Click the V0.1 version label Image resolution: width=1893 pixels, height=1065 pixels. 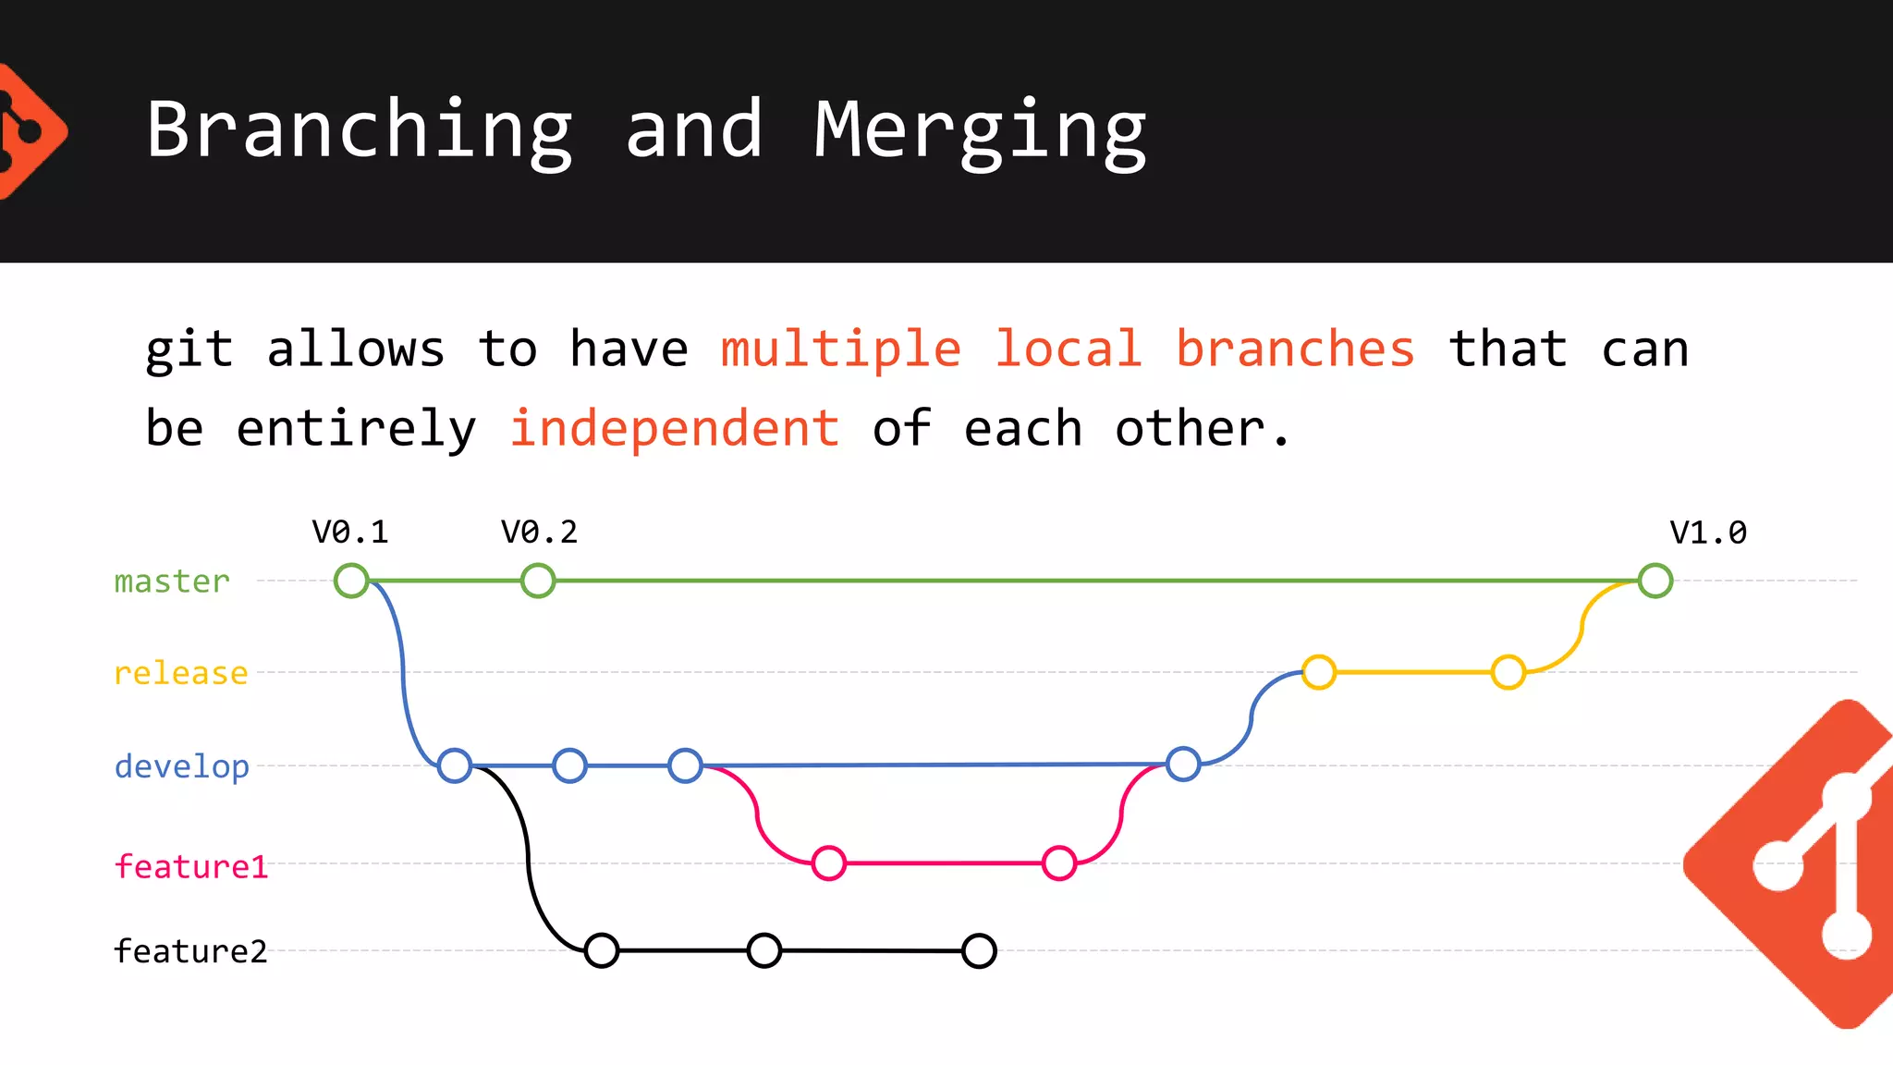pyautogui.click(x=349, y=532)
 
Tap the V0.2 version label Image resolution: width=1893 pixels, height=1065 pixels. pyautogui.click(x=539, y=532)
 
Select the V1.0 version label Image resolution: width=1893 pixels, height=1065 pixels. pyautogui.click(x=1707, y=532)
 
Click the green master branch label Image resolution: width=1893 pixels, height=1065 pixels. pyautogui.click(x=172, y=581)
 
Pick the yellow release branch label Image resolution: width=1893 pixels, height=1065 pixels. pyautogui.click(x=181, y=673)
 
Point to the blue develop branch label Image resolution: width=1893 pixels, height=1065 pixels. pyautogui.click(x=182, y=766)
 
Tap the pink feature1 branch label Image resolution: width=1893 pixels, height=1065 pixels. pyautogui.click(x=190, y=866)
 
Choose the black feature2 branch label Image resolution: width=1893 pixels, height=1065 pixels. pyautogui.click(x=190, y=951)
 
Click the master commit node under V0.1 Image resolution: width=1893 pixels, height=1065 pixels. pyautogui.click(x=351, y=581)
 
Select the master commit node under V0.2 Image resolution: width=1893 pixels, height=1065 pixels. pyautogui.click(x=538, y=581)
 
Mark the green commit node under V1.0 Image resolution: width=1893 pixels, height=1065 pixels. pyautogui.click(x=1655, y=581)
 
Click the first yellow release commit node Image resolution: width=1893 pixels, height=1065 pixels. pyautogui.click(x=1319, y=672)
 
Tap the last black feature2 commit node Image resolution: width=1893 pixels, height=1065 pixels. pyautogui.click(x=979, y=950)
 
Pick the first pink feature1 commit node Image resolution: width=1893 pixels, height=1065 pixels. pyautogui.click(x=829, y=863)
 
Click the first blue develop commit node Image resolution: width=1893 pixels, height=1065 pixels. pyautogui.click(x=455, y=765)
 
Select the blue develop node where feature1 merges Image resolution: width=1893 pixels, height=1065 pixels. pyautogui.click(x=1183, y=765)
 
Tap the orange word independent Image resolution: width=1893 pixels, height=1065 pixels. pyautogui.click(x=674, y=428)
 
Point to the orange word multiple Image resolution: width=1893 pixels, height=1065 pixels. pyautogui.click(x=841, y=349)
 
